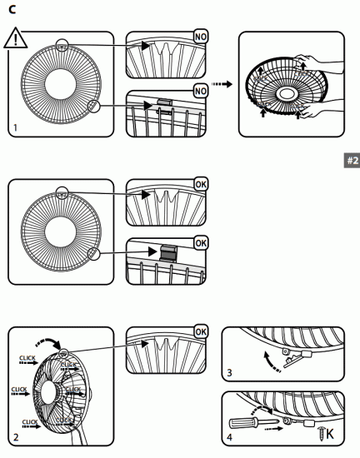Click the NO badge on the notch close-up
[201, 38]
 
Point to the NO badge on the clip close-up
[201, 89]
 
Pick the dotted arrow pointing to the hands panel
[222, 83]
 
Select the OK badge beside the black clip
[201, 241]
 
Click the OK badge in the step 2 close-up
[201, 332]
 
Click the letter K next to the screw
[332, 433]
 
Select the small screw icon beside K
[320, 432]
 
